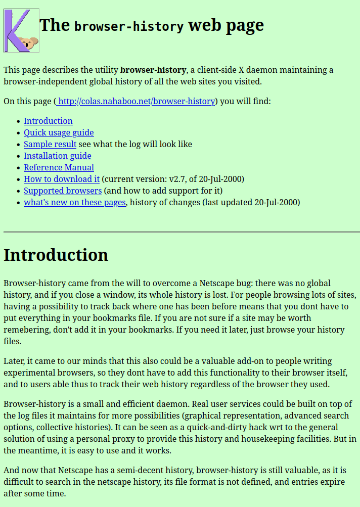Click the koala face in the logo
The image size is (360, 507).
(30, 43)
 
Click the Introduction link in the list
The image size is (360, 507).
(48, 121)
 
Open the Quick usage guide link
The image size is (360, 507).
(59, 132)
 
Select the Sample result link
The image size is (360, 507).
(50, 144)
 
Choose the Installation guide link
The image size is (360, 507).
(58, 156)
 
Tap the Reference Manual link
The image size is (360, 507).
(59, 167)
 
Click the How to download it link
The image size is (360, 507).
(62, 179)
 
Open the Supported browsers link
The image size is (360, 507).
(63, 191)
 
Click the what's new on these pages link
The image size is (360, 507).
(75, 202)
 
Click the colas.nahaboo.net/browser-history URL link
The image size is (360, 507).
(137, 101)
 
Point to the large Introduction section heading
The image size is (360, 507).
(56, 255)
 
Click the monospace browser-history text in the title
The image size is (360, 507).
(129, 26)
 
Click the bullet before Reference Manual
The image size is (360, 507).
(19, 168)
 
